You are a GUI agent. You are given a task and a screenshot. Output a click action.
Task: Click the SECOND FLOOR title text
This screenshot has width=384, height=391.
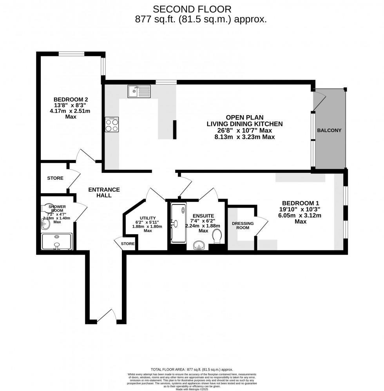(192, 9)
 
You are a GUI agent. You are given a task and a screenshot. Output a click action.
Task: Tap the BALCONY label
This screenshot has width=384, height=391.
(329, 130)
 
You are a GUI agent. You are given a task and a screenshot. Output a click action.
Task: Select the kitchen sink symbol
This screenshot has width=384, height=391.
(139, 92)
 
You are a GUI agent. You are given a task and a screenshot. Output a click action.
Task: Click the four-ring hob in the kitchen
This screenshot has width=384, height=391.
(112, 125)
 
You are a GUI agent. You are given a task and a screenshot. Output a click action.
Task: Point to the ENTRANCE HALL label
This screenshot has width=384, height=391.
(104, 192)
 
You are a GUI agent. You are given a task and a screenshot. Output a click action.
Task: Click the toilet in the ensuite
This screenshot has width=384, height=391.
(216, 237)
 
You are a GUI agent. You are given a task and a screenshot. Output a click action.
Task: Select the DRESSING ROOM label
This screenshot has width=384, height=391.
(243, 226)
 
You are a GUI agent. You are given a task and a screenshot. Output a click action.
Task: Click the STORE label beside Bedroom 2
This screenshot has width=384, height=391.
(55, 178)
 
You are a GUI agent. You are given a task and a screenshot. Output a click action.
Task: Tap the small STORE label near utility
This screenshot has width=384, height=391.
(127, 244)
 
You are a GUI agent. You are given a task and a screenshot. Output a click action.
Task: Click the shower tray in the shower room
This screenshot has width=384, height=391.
(57, 242)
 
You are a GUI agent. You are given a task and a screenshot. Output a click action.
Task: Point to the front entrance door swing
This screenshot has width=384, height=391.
(107, 316)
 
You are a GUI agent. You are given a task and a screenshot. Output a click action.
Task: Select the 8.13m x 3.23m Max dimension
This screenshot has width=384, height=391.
(245, 137)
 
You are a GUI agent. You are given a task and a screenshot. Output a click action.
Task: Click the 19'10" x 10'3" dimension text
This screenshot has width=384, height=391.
(301, 209)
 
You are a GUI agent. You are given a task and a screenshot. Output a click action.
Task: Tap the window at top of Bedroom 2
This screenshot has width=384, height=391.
(72, 54)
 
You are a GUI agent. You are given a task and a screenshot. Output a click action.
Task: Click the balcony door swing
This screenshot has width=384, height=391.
(319, 100)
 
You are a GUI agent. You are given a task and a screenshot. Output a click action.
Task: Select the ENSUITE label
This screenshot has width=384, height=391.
(203, 215)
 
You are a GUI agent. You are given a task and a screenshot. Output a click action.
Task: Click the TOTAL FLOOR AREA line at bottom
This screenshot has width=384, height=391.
(192, 369)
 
